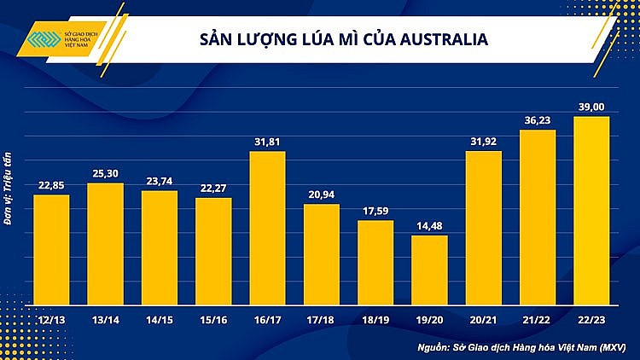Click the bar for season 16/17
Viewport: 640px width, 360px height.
(267, 228)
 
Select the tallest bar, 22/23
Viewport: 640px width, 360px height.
(591, 210)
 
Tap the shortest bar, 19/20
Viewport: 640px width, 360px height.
(429, 270)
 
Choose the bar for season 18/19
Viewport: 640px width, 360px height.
(375, 262)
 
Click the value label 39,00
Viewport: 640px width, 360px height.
(591, 107)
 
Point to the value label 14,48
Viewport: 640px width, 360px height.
(429, 226)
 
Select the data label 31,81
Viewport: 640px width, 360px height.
(267, 142)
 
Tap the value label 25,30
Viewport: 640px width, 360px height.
(105, 174)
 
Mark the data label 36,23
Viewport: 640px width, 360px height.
(537, 120)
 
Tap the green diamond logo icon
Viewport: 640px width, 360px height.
(36, 40)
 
